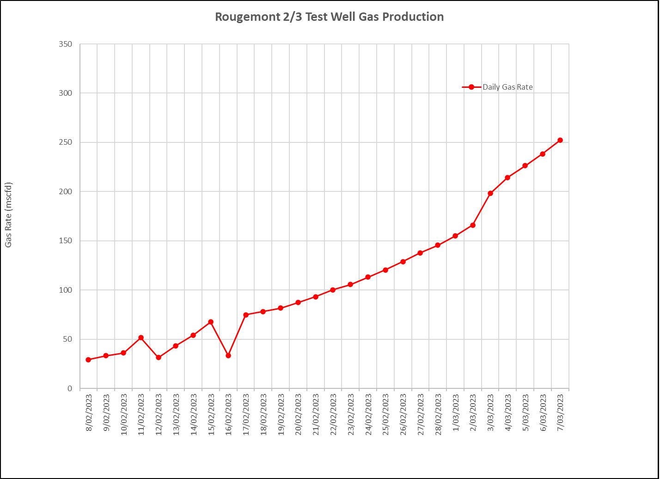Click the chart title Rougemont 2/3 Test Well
click(329, 17)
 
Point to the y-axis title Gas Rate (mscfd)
click(9, 215)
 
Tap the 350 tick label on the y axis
click(66, 44)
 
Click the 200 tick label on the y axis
click(66, 191)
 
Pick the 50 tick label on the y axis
click(68, 339)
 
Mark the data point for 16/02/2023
click(228, 356)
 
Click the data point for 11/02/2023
click(141, 338)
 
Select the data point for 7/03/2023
click(560, 140)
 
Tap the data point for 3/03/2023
click(490, 193)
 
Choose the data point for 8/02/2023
click(88, 360)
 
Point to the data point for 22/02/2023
click(333, 290)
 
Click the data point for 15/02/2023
click(211, 322)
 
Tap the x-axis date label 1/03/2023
click(456, 412)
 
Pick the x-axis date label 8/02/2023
click(89, 412)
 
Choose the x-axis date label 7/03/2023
click(561, 412)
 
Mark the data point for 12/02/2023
click(159, 357)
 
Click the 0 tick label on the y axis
click(70, 389)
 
